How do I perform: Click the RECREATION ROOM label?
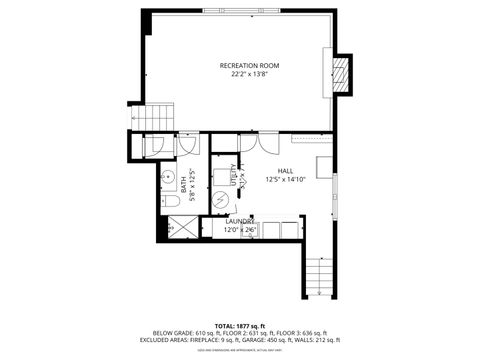click(x=249, y=65)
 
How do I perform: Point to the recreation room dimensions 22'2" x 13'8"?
click(x=249, y=74)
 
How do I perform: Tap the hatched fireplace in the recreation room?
click(x=341, y=73)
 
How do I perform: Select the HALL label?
click(x=285, y=171)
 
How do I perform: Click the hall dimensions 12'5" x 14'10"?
click(x=285, y=180)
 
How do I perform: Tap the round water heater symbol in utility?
click(x=221, y=199)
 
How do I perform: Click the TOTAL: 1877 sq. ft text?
click(x=240, y=325)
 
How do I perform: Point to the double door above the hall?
click(x=247, y=140)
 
